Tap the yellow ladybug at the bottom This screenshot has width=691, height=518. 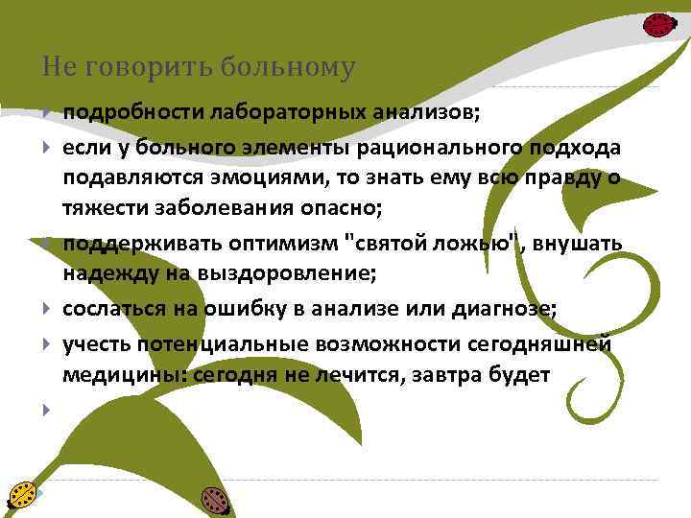(x=21, y=493)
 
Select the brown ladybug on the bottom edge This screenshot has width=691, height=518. (x=214, y=499)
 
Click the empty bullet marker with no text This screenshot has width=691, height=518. (x=45, y=411)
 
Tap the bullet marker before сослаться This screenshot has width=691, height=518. (x=45, y=310)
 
